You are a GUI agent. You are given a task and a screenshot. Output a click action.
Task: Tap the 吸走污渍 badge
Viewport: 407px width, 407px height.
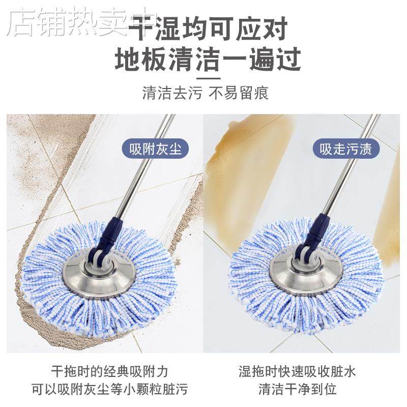(346, 149)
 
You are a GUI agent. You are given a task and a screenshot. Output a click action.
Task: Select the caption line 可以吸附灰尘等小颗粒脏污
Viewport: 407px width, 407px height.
(109, 390)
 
